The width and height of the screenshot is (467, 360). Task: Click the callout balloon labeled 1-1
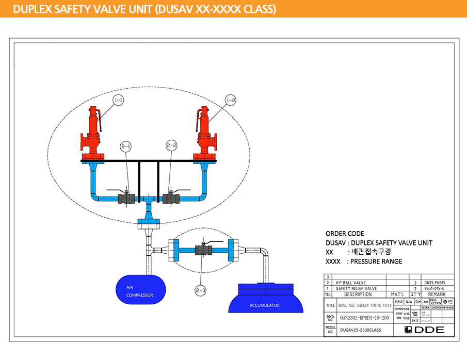click(x=119, y=100)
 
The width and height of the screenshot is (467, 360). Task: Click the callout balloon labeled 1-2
click(x=231, y=100)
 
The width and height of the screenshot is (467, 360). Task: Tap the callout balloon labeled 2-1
click(x=126, y=146)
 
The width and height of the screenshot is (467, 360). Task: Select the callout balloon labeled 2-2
click(x=172, y=146)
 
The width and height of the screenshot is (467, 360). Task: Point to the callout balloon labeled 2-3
click(x=200, y=291)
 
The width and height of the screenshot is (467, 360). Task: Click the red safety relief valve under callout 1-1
click(x=93, y=135)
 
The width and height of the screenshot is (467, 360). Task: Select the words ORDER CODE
click(x=345, y=234)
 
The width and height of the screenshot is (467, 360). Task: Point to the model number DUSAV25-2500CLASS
click(x=360, y=330)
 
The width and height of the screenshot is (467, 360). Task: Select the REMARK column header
click(x=437, y=294)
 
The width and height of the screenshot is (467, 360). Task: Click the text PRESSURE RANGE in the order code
click(x=376, y=261)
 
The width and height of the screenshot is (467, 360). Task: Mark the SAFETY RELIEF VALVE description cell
click(x=356, y=289)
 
